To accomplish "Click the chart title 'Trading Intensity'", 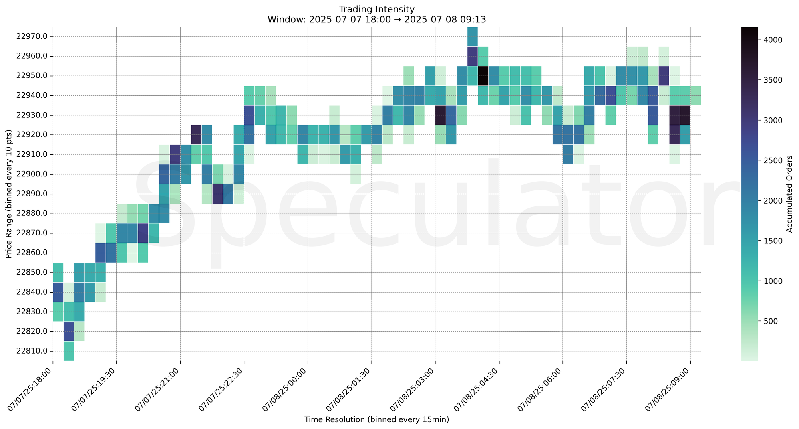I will (376, 9).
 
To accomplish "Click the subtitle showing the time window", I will (376, 20).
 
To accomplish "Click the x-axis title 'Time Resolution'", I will (376, 419).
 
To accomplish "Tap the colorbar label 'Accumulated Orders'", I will (789, 194).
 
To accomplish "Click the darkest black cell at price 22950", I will (483, 76).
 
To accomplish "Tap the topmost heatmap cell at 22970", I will (473, 37).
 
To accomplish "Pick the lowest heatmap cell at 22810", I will (69, 351).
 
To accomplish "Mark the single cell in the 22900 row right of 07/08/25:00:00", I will (356, 174).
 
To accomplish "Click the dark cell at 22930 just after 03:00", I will (441, 115).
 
